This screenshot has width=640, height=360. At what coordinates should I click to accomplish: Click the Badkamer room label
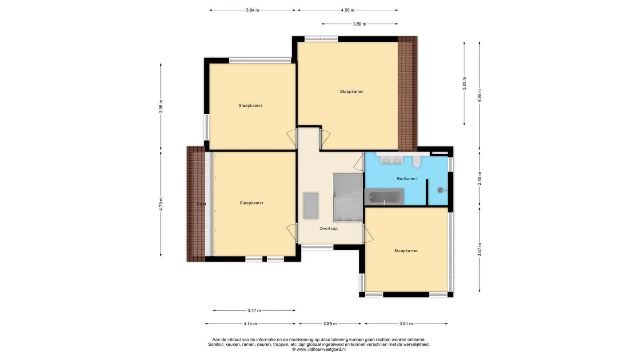coord(407,179)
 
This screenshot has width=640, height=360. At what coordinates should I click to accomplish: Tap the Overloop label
coord(328,228)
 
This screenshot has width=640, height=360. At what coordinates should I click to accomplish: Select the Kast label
coord(201,204)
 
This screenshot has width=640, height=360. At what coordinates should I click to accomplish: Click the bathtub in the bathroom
coord(384,196)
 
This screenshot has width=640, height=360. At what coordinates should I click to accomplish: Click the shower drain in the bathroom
coord(440,190)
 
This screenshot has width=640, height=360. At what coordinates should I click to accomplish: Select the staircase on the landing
coord(348,197)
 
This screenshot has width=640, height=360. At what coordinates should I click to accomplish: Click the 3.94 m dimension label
coord(252,10)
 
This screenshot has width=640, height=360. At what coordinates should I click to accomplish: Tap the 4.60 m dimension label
coord(348,10)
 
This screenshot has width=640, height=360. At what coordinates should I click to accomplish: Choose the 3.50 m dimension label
coord(360,24)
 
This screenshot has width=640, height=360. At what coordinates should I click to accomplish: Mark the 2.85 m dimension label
coord(330,324)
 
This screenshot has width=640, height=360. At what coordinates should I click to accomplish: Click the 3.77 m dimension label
coord(254,310)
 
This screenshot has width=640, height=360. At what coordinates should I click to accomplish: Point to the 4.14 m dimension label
coord(250,324)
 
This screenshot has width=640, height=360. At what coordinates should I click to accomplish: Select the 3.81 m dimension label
coord(406,324)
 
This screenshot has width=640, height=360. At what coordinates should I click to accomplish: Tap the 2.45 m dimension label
coord(480,178)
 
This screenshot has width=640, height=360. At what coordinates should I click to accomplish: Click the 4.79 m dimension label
coord(161,204)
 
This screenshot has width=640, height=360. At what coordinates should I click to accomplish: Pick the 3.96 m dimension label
coord(161,106)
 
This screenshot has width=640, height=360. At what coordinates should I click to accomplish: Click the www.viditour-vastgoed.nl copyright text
coord(319,349)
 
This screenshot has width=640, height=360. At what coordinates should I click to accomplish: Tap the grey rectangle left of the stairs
coord(311,206)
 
